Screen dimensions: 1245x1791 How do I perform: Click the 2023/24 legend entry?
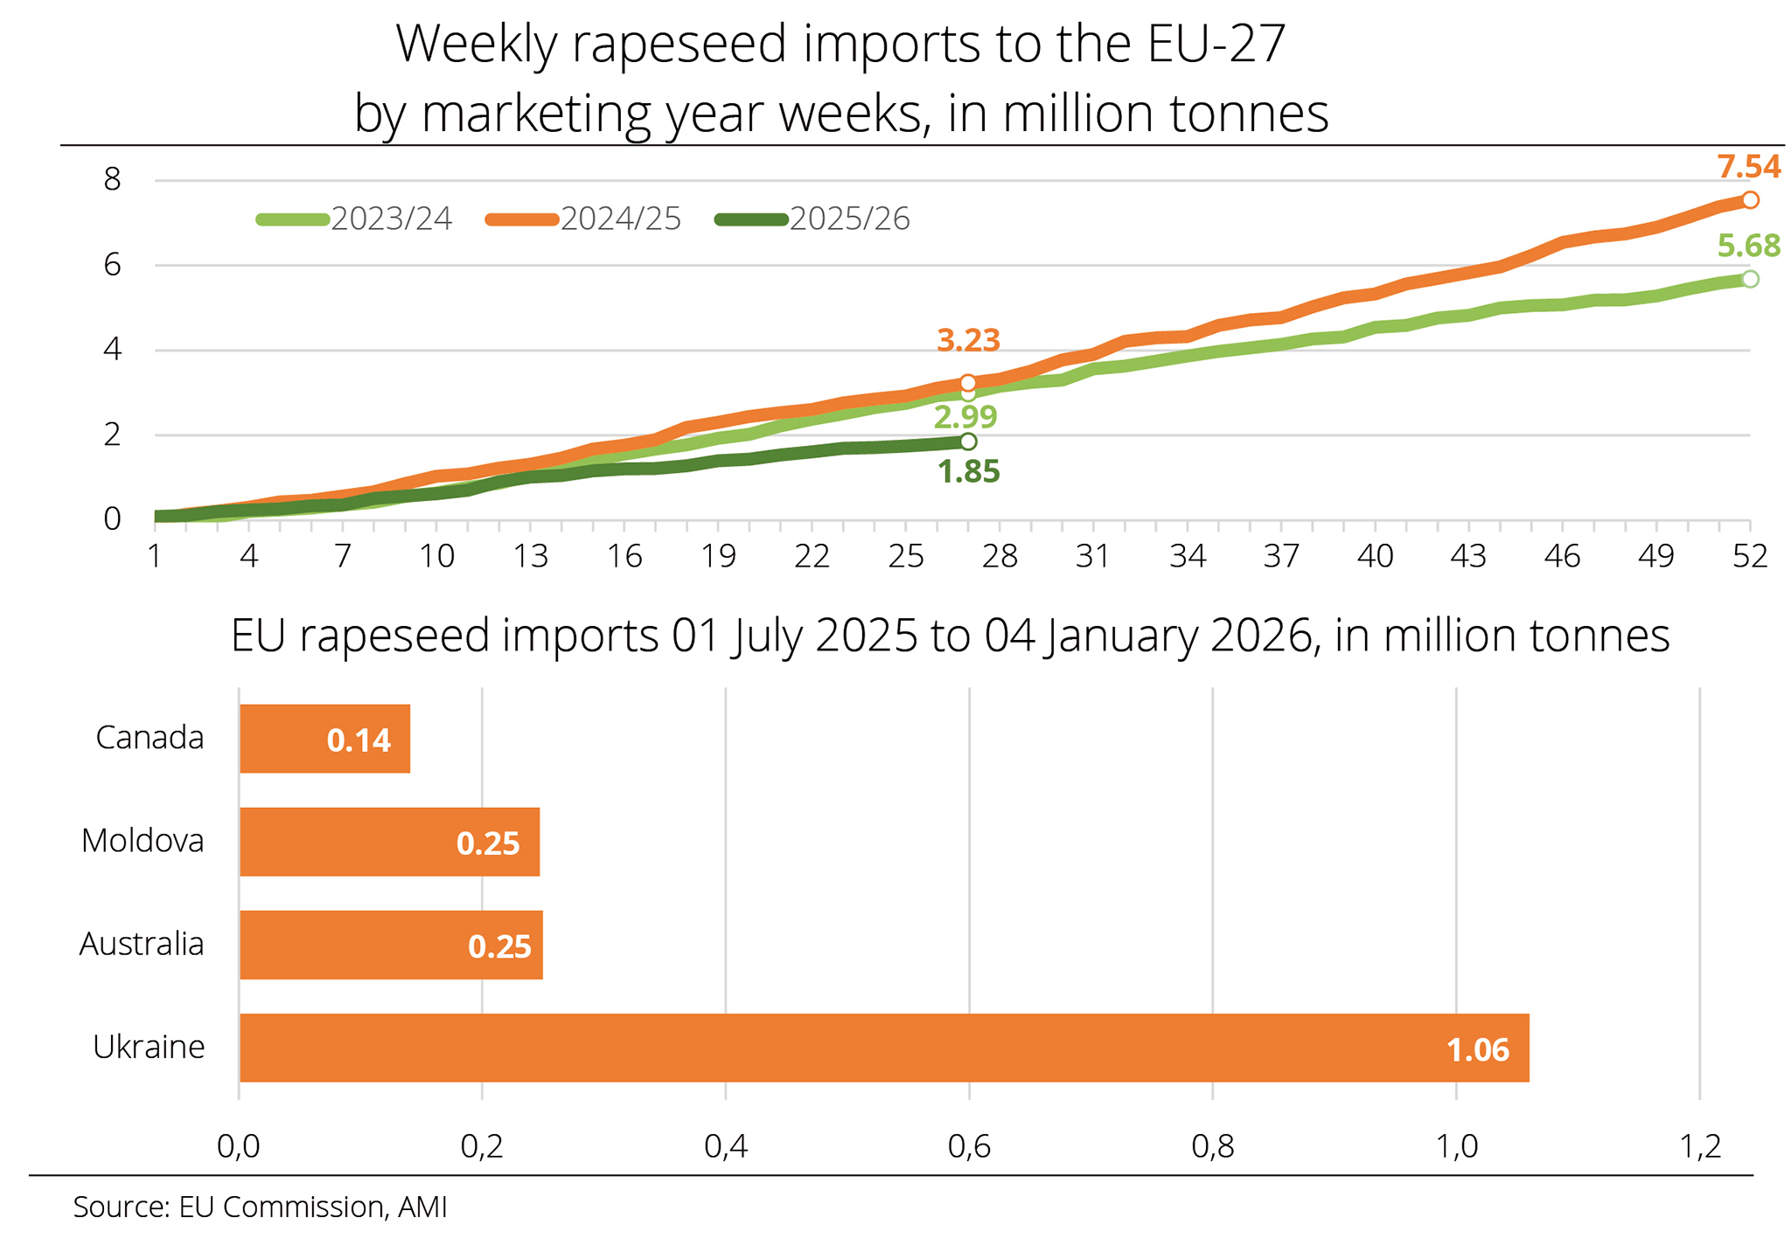coord(355,219)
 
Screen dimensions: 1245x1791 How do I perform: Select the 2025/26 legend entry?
coord(813,219)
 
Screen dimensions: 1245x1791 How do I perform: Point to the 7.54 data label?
coord(1748,167)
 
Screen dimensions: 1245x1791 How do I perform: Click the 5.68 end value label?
coord(1748,246)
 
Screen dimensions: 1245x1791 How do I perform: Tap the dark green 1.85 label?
coord(968,472)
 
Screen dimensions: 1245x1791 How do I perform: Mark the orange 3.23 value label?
coord(968,340)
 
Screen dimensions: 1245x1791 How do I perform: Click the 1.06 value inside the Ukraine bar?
coord(1477,1050)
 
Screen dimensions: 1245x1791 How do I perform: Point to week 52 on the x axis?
coord(1750,556)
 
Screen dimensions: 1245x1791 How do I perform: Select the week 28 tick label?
coord(1000,556)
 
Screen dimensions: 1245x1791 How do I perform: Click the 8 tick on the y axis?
coord(112,180)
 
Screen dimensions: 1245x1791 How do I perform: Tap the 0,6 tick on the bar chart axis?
coord(969,1146)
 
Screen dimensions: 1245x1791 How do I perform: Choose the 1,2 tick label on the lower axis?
coord(1700,1146)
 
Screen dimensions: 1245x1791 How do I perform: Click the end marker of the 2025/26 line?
coord(968,442)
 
